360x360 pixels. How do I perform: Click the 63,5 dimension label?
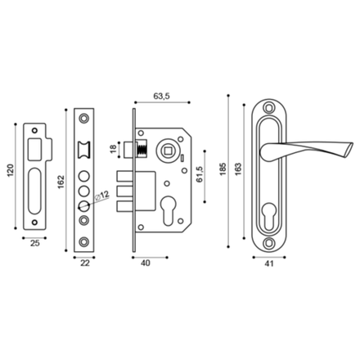[160, 95]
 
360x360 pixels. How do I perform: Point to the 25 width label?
[35, 243]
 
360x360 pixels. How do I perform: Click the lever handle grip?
[288, 148]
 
